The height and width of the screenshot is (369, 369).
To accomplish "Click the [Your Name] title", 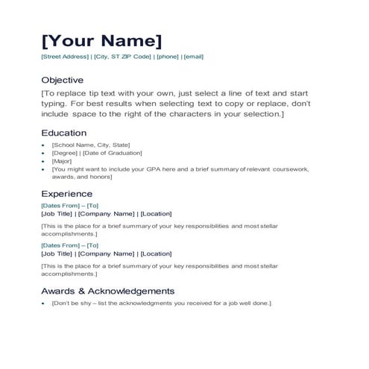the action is tap(101, 40).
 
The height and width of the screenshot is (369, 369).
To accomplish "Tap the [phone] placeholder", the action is tap(168, 57).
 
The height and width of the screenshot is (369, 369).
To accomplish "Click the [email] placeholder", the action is tap(193, 57).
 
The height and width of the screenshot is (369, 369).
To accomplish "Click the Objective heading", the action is tap(62, 80).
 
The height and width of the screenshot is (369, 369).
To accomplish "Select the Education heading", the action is tap(63, 133).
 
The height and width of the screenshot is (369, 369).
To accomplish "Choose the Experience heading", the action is tap(67, 194).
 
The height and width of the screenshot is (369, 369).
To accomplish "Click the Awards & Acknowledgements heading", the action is tap(107, 291).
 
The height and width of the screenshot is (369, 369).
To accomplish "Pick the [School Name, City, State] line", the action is tap(90, 145).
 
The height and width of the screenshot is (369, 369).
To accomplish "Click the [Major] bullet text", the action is tap(62, 161).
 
